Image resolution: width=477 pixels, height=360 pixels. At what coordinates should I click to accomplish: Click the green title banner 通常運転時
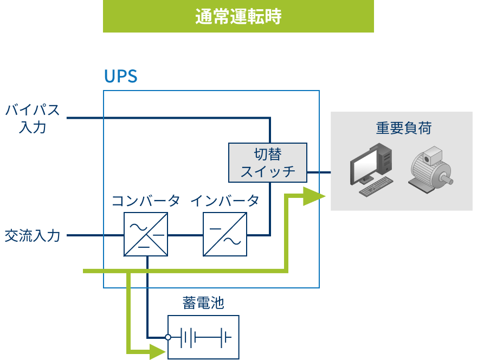[x=238, y=17]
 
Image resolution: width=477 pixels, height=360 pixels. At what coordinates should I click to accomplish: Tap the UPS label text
[x=120, y=76]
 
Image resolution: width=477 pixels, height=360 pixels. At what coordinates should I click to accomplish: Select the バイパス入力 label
[x=33, y=119]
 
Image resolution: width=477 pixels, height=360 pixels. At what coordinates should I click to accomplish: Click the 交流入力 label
[x=33, y=236]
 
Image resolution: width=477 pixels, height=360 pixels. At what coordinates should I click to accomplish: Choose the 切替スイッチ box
[x=268, y=163]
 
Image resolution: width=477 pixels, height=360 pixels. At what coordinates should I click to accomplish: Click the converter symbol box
[x=146, y=234]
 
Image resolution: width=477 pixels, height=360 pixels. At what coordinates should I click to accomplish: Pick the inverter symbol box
[x=225, y=234]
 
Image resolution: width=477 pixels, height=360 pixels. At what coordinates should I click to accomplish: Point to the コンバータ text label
[x=145, y=201]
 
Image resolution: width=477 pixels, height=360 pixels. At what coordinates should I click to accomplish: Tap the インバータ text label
[x=224, y=201]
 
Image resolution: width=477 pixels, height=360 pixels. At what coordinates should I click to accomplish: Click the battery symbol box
[x=203, y=337]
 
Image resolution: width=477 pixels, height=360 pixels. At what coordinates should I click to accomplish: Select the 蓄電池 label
[x=203, y=303]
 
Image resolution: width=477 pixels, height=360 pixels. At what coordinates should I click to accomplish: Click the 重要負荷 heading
[x=403, y=128]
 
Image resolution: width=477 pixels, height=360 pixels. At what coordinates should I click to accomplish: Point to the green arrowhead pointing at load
[x=313, y=196]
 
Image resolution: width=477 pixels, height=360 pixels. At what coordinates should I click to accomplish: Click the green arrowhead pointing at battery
[x=157, y=352]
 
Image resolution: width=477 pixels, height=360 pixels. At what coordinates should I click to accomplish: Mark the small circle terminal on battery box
[x=168, y=337]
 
